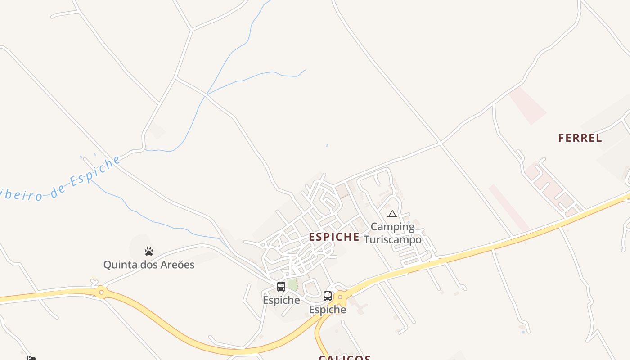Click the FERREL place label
[x=580, y=138]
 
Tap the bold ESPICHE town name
[x=334, y=237]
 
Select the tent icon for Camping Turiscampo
[x=392, y=214]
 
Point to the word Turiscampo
[x=393, y=239]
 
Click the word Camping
[x=392, y=227]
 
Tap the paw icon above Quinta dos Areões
[x=149, y=252]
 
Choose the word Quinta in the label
[x=119, y=265]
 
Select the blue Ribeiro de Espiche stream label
[x=61, y=180]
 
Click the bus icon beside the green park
[x=281, y=287]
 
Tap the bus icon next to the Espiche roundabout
[x=328, y=296]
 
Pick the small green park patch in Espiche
[x=292, y=285]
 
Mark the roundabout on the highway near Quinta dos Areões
[x=101, y=292]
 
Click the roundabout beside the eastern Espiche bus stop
[x=340, y=297]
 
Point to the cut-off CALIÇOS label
[x=345, y=357]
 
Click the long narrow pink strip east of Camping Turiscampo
[x=509, y=208]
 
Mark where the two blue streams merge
[x=207, y=94]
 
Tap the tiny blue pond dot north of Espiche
[x=327, y=145]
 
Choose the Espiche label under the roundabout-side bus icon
[x=328, y=310]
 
